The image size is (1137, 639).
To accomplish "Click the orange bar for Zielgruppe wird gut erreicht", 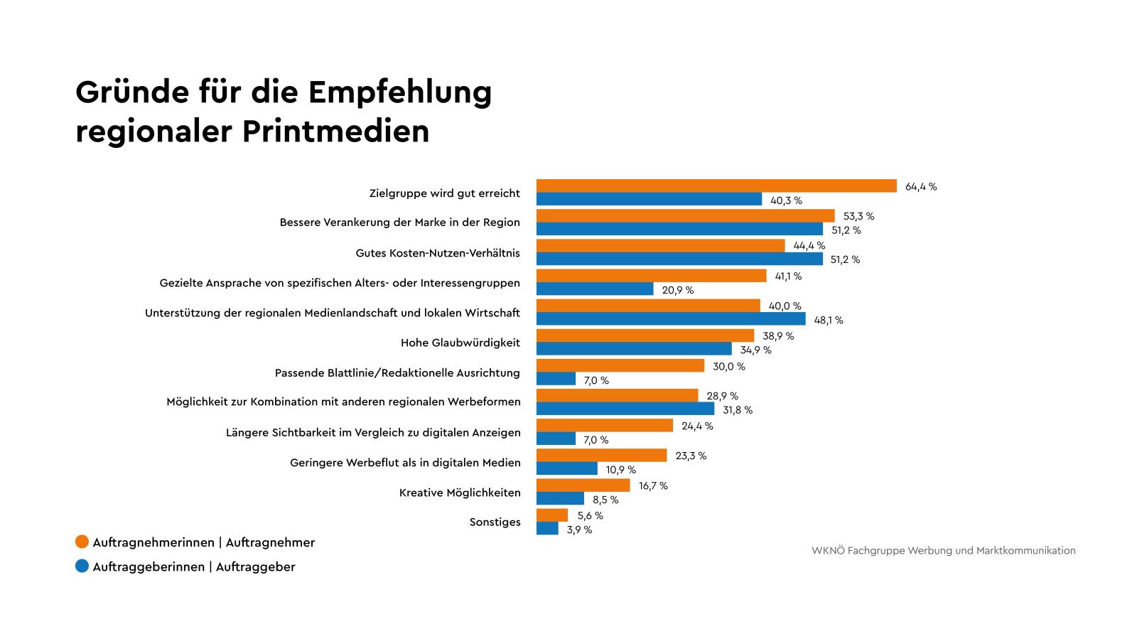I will [x=716, y=186].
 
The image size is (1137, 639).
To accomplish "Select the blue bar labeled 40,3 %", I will [x=649, y=200].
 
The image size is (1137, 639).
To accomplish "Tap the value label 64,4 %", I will [x=921, y=187].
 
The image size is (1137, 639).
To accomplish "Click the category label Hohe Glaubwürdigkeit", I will [x=460, y=343].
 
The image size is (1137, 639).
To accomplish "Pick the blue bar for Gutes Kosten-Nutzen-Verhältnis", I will [x=679, y=259].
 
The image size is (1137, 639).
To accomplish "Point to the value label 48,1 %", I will [x=828, y=321].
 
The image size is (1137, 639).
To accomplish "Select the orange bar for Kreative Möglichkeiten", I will [x=583, y=485].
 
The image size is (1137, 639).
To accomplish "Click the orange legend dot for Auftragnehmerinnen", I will [x=82, y=542].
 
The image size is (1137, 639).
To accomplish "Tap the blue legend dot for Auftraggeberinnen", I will [x=82, y=566].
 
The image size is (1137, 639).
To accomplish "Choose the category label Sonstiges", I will [x=495, y=522].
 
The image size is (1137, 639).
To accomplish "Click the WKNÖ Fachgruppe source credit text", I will [x=943, y=551].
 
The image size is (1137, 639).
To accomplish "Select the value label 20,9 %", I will [x=677, y=291].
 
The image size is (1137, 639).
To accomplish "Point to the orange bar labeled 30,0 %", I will [x=620, y=366].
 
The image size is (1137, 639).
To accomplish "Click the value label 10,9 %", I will [x=620, y=470].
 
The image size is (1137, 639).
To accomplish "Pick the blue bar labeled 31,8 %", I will [x=625, y=409].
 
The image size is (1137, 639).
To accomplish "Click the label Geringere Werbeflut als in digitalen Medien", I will [x=405, y=463].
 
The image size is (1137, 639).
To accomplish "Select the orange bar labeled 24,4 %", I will [x=604, y=426].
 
